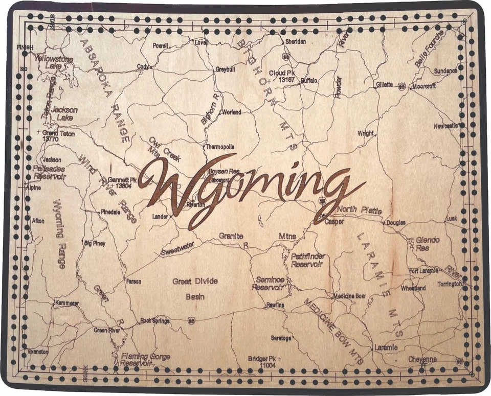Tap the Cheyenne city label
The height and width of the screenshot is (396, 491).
click(x=422, y=359)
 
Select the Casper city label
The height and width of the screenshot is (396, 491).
click(x=334, y=222)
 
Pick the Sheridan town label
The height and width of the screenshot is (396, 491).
click(x=296, y=41)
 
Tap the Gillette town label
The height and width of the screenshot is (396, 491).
click(x=384, y=84)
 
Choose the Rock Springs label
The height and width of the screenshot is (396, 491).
click(x=155, y=321)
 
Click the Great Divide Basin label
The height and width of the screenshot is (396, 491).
click(x=195, y=289)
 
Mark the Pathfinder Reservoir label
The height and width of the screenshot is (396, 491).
click(x=307, y=260)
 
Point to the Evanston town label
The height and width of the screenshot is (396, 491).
click(x=38, y=352)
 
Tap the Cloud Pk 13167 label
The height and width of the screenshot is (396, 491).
click(x=283, y=76)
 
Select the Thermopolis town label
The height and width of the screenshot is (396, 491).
click(x=220, y=147)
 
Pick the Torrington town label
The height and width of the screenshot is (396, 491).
click(x=450, y=284)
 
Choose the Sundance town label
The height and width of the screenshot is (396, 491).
click(x=445, y=71)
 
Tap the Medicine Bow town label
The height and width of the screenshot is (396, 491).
click(x=349, y=296)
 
